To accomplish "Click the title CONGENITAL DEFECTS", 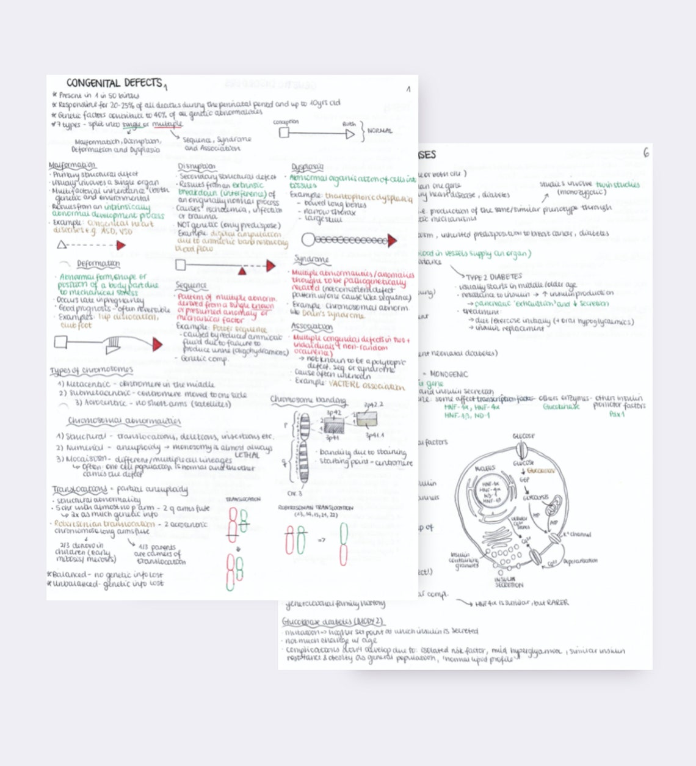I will click(x=114, y=82).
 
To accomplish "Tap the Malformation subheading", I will click(x=72, y=166).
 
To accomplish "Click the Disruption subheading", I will click(x=197, y=166).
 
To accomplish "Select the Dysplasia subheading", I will click(x=307, y=167).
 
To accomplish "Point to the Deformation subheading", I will click(x=98, y=264).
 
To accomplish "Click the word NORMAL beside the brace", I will click(x=380, y=131).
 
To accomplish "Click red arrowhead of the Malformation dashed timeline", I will click(x=121, y=246).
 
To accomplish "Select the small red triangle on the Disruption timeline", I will click(x=242, y=270).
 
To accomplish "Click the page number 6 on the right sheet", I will click(x=646, y=153).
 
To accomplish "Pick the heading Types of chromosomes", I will click(x=92, y=370).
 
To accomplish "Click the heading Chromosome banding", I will click(x=308, y=400).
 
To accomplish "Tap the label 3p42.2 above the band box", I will click(x=373, y=404).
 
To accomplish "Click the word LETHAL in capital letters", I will click(x=247, y=455).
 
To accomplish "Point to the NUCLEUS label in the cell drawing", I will click(x=485, y=469).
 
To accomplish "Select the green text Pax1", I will click(x=617, y=414).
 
